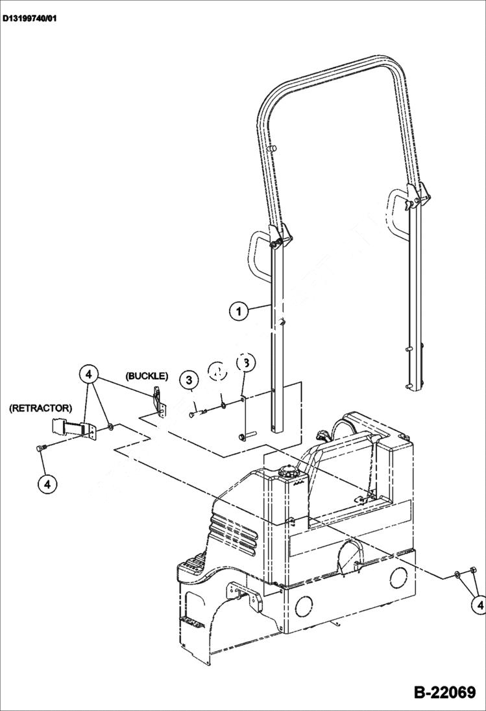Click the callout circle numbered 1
coord(239,310)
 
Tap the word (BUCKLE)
coord(147,376)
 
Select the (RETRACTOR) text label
coord(40,408)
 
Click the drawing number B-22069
coord(444,692)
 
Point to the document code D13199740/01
coord(30,19)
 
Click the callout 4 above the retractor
coord(90,375)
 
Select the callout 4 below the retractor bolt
coord(46,483)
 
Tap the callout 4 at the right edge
coord(479,605)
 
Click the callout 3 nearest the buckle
coord(189,380)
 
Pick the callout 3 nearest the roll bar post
coord(245,362)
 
